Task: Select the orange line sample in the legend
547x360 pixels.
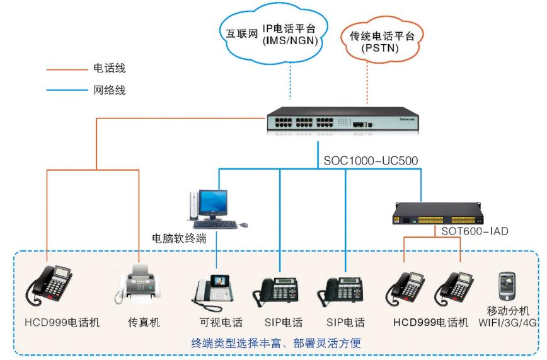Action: coord(64,67)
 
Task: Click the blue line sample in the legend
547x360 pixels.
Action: coord(64,90)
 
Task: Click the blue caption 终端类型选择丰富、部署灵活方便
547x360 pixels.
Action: coord(275,344)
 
